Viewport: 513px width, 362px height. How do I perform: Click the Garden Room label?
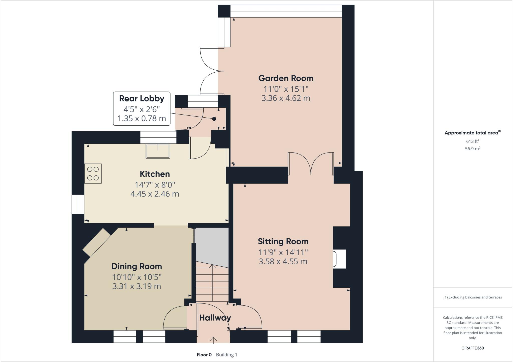[286, 78]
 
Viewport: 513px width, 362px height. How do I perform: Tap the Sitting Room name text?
[283, 242]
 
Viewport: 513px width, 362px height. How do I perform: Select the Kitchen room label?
[155, 174]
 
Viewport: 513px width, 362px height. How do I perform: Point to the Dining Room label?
[137, 266]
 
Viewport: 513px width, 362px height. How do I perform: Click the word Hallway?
[215, 318]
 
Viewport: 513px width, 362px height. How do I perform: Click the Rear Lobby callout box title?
[142, 99]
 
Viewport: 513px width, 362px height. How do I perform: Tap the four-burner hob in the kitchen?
[93, 173]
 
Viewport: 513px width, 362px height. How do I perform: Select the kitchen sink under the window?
[158, 151]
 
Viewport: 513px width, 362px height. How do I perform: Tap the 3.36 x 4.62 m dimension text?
[286, 98]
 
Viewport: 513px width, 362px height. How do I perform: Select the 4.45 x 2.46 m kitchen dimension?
[155, 194]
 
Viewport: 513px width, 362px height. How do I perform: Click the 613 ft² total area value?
[472, 141]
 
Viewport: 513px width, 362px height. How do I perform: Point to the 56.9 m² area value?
[472, 149]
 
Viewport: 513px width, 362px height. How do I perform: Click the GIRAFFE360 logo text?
[472, 348]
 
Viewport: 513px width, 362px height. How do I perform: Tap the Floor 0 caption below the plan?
[204, 355]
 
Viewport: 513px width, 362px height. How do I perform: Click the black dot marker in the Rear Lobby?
[214, 119]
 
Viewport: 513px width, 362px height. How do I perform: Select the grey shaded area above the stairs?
[212, 244]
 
